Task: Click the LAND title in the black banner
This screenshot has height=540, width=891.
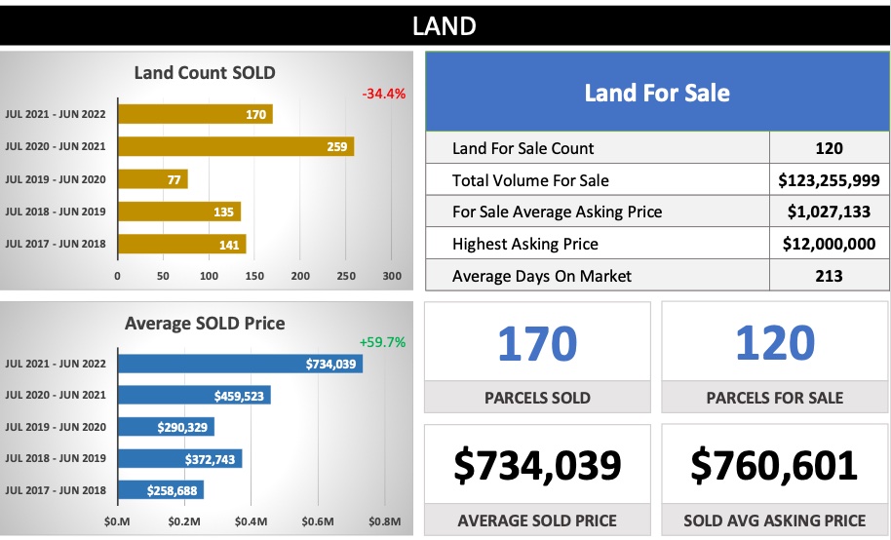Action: click(445, 24)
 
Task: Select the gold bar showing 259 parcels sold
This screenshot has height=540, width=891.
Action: click(235, 146)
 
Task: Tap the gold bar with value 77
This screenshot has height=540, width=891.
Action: click(152, 179)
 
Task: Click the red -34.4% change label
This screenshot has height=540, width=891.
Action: click(383, 95)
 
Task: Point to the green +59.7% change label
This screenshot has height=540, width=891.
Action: click(382, 342)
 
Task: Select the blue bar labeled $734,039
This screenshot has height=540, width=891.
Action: click(240, 364)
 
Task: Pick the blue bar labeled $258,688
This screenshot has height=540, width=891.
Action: click(160, 490)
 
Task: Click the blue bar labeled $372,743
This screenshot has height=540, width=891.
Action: click(179, 458)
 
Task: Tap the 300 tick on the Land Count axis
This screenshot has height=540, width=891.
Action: click(392, 276)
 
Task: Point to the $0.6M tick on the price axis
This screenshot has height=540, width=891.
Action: click(320, 522)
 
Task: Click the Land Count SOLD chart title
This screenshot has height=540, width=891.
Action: click(205, 72)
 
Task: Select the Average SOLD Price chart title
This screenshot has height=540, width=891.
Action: click(205, 323)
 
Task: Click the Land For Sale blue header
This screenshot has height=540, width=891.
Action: click(657, 93)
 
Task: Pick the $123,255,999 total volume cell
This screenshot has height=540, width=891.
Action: click(829, 180)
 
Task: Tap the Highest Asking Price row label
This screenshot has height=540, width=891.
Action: click(525, 244)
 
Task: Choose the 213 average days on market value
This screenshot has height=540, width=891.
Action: click(829, 276)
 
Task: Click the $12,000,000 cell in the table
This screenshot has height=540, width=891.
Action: click(829, 244)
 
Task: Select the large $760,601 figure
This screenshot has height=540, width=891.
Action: click(775, 465)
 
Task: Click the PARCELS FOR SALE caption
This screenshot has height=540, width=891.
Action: click(775, 397)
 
